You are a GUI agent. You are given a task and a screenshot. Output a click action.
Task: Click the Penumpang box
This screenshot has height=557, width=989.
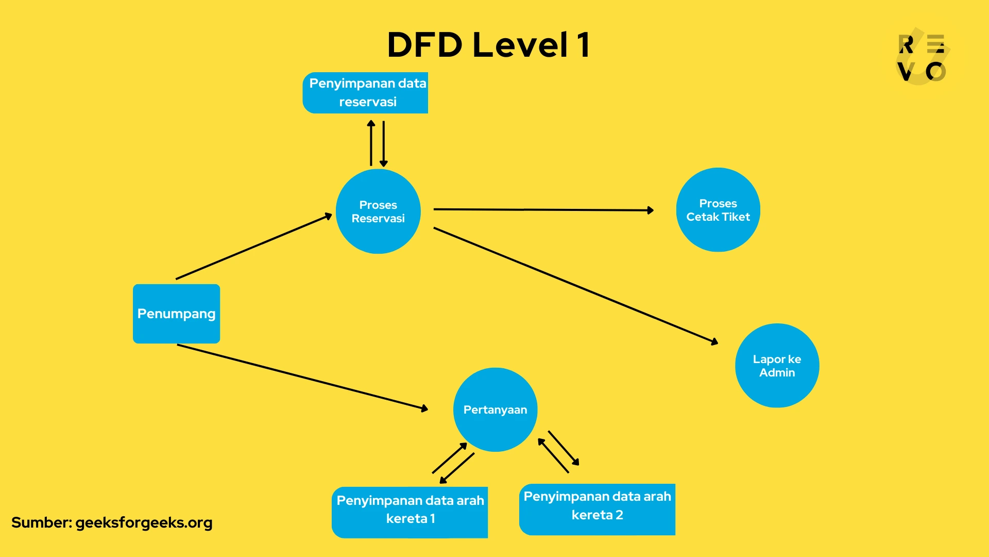(176, 314)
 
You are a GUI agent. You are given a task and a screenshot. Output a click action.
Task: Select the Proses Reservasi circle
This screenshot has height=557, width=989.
(378, 211)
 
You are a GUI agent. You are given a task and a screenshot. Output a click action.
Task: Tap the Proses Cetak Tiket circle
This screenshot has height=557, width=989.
(718, 210)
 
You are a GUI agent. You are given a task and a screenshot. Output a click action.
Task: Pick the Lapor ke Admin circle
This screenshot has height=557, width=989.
(777, 366)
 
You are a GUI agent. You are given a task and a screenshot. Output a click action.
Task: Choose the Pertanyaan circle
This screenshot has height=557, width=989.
(495, 409)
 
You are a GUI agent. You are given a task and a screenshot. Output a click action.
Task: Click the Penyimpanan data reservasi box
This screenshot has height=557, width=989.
(366, 93)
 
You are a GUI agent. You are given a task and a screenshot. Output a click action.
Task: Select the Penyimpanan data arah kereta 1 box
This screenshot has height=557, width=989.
(410, 512)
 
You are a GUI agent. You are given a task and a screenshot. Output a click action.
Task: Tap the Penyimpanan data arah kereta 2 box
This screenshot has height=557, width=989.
(597, 509)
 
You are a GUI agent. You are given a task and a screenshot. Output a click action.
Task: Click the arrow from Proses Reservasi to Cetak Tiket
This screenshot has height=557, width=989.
(543, 210)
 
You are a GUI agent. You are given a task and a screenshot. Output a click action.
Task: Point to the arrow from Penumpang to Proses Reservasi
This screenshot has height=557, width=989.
(253, 247)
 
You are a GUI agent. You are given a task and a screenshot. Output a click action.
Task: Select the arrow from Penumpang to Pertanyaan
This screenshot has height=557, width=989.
(302, 377)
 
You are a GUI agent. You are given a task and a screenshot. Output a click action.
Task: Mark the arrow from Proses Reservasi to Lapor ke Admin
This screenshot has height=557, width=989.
(575, 285)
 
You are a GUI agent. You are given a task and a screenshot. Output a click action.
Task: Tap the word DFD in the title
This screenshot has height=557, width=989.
(424, 45)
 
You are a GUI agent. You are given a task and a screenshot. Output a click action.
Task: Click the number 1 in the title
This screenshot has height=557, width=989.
(583, 45)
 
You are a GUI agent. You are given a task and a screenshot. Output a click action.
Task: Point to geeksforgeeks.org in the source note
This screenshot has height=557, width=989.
(144, 523)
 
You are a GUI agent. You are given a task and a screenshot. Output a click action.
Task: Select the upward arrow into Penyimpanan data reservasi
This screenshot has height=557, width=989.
(371, 143)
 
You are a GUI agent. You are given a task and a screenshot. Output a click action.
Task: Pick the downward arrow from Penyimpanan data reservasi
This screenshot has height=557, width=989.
(384, 144)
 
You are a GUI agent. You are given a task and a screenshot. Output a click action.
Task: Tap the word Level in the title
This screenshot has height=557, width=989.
(520, 45)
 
